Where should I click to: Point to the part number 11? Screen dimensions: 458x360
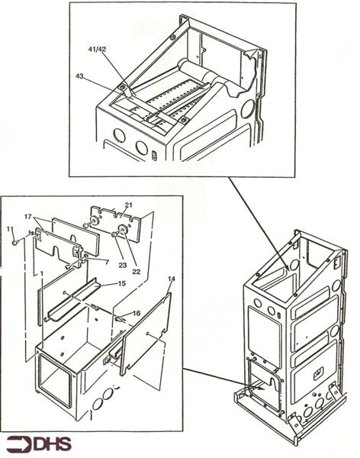[x=9, y=229]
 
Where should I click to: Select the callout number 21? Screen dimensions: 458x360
[x=128, y=205]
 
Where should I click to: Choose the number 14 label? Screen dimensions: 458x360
[x=171, y=280]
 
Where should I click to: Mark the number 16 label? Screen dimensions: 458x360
[x=137, y=313]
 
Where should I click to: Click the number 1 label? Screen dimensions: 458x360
[x=41, y=270]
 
